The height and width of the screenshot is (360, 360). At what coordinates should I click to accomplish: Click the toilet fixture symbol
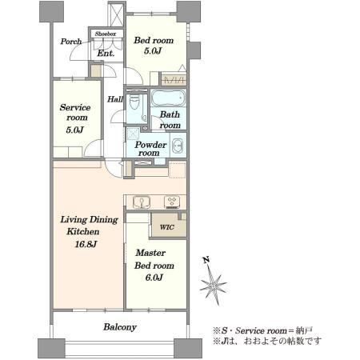click(134, 102)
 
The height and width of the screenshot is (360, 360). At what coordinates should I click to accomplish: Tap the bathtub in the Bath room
click(168, 98)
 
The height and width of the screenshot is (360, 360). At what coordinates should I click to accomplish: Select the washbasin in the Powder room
click(178, 146)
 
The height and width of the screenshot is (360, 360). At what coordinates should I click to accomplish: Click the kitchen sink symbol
click(142, 202)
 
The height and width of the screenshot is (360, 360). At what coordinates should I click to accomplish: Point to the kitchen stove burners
click(172, 202)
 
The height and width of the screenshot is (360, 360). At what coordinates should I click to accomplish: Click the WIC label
click(167, 227)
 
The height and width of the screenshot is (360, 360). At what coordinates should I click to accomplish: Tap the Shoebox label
click(106, 34)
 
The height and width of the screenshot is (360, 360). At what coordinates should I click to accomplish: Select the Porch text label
click(71, 42)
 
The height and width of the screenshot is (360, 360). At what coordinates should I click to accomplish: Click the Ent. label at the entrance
click(106, 54)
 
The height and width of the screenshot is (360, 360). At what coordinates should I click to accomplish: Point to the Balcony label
click(120, 327)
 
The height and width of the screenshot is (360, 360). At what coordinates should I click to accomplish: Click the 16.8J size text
click(86, 244)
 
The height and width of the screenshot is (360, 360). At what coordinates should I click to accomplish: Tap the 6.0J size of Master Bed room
click(154, 278)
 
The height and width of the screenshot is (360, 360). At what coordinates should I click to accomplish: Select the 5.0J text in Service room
click(75, 130)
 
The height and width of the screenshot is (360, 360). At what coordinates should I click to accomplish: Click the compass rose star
click(214, 286)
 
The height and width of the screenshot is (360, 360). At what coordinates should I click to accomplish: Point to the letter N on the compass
click(206, 259)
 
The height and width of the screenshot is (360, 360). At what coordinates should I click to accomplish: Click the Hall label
click(115, 99)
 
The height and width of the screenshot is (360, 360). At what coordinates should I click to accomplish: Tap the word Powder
click(150, 145)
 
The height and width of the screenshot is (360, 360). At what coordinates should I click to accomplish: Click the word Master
click(150, 253)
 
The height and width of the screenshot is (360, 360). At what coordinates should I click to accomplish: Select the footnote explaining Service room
click(263, 330)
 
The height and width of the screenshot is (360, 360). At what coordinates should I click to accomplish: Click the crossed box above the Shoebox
click(117, 15)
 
